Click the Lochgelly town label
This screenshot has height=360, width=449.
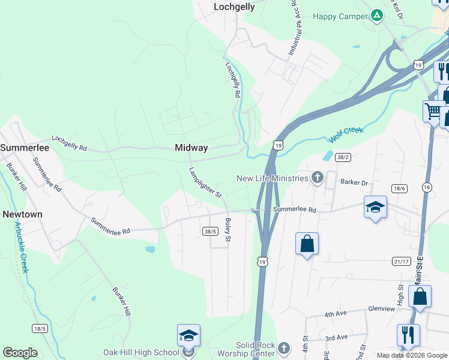pyautogui.click(x=234, y=7)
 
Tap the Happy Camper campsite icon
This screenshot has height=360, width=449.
pyautogui.click(x=376, y=16)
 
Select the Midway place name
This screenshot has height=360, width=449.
pyautogui.click(x=191, y=148)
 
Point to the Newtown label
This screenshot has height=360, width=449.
pyautogui.click(x=22, y=214)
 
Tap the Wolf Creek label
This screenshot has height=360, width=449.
pyautogui.click(x=346, y=134)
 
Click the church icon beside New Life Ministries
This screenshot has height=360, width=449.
pyautogui.click(x=318, y=178)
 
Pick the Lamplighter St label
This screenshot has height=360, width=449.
pyautogui.click(x=206, y=183)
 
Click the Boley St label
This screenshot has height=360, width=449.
pyautogui.click(x=228, y=230)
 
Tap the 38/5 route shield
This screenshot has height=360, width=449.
pyautogui.click(x=210, y=230)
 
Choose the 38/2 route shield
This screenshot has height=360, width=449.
pyautogui.click(x=343, y=157)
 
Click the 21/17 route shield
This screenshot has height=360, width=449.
pyautogui.click(x=402, y=261)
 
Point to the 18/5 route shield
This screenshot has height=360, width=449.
pyautogui.click(x=40, y=328)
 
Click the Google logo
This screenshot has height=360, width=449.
pyautogui.click(x=20, y=353)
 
